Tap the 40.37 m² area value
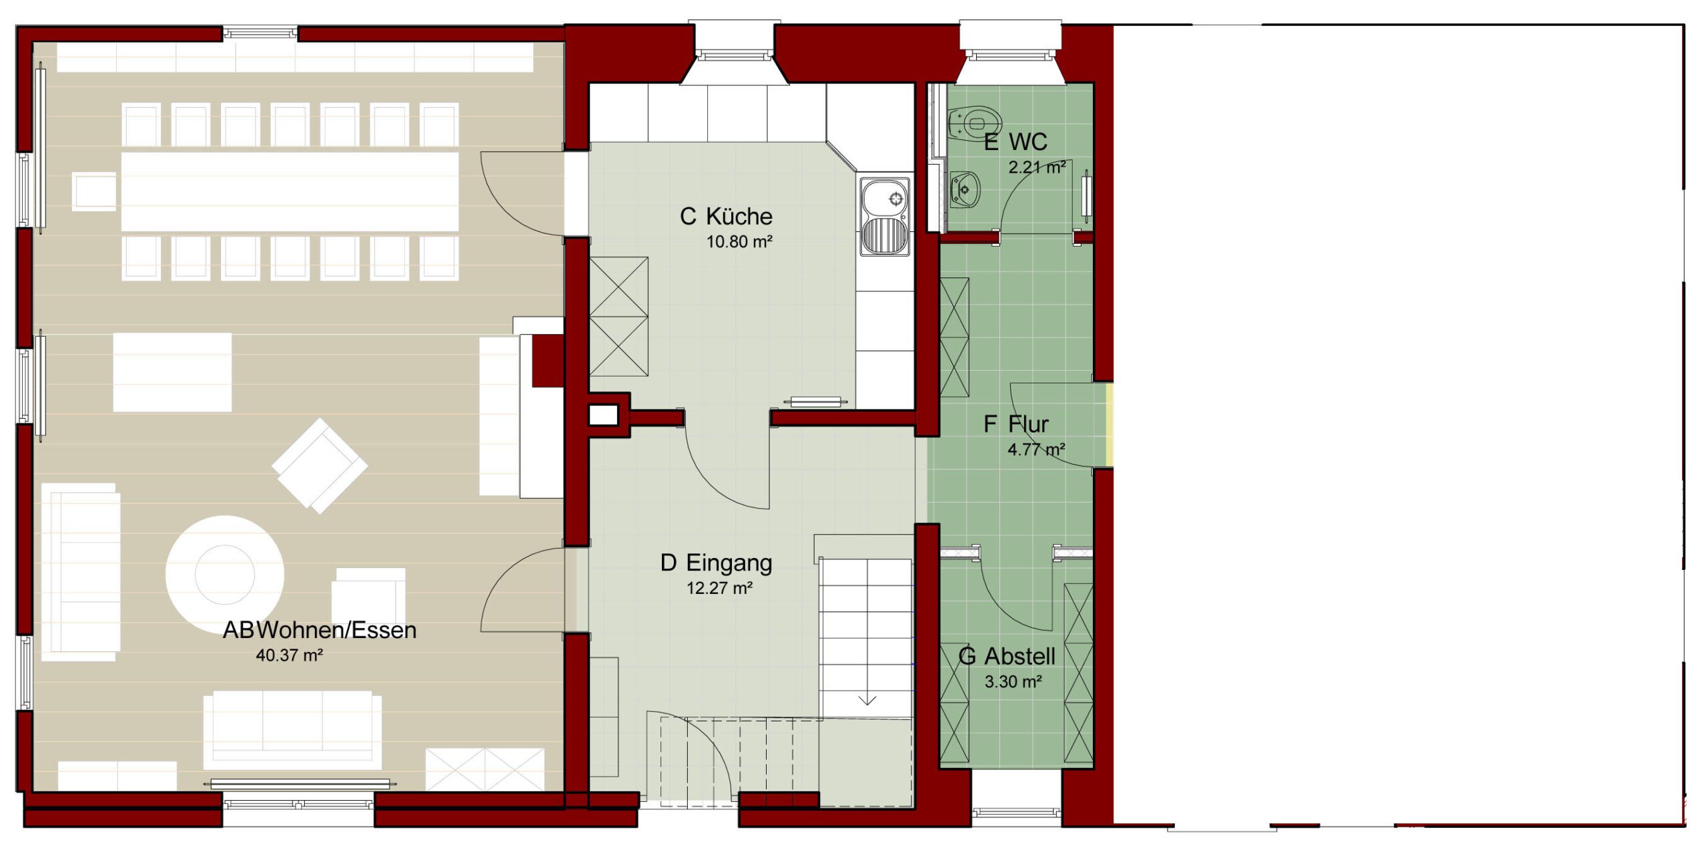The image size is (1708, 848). [290, 655]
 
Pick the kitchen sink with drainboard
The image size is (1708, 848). [885, 217]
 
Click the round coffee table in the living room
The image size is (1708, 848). [225, 574]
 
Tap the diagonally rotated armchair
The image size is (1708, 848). [320, 465]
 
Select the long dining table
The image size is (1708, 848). [290, 192]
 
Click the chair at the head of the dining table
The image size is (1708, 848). [94, 191]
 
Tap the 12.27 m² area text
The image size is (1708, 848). [719, 588]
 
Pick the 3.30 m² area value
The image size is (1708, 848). [1013, 681]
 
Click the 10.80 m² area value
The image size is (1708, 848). [739, 241]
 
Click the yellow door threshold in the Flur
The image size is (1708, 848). [1110, 425]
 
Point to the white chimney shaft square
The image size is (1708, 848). [603, 415]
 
